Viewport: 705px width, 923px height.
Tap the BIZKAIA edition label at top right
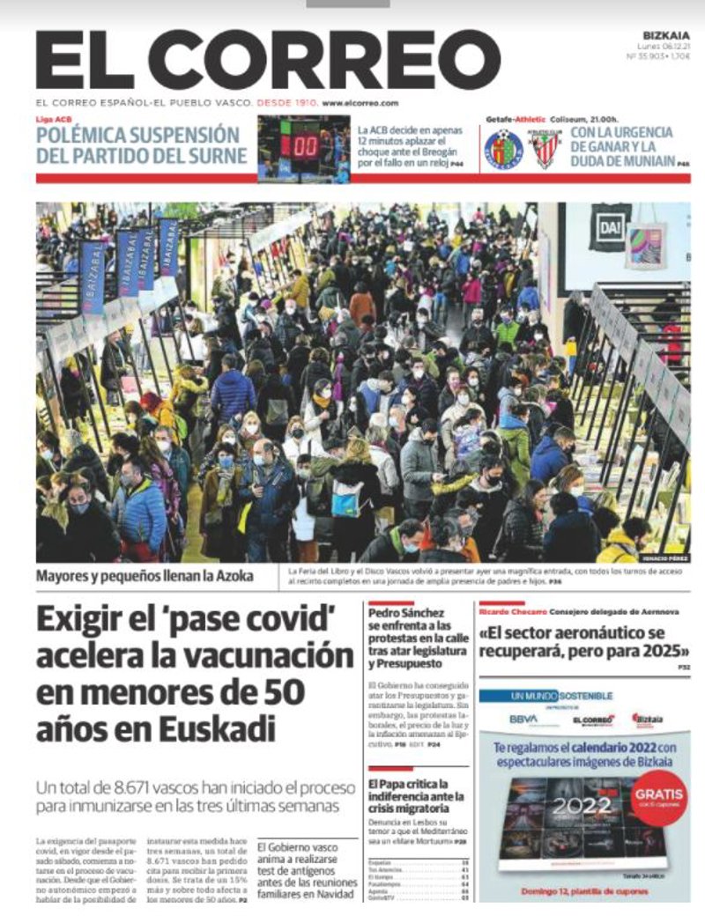666,36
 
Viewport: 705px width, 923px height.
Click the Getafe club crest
504,149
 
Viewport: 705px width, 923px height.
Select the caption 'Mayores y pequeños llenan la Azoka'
145,576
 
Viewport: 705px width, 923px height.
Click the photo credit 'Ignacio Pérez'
665,558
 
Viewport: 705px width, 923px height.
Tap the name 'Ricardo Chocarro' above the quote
512,610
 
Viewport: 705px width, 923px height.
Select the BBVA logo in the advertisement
523,718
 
